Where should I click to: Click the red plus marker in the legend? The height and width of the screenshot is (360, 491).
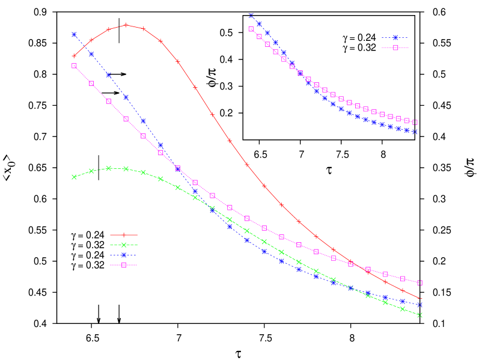(x=124, y=235)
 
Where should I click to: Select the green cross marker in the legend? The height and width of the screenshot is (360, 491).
(x=124, y=245)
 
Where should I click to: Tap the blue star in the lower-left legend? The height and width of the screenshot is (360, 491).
(x=124, y=255)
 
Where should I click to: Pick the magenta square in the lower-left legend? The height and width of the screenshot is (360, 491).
(x=124, y=264)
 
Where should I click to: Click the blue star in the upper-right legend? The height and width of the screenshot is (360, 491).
(x=395, y=38)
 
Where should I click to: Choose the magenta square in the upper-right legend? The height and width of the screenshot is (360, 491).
(x=395, y=47)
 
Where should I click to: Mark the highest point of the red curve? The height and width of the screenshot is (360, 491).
(x=126, y=25)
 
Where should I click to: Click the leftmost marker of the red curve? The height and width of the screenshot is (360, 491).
(x=74, y=56)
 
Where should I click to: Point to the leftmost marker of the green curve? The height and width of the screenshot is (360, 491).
(x=74, y=177)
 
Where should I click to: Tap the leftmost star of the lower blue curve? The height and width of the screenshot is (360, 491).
(x=74, y=34)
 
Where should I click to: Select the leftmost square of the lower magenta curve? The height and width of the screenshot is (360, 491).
(x=74, y=66)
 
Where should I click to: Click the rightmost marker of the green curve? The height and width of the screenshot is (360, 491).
(x=420, y=315)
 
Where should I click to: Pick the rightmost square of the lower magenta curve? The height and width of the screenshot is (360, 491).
(x=420, y=282)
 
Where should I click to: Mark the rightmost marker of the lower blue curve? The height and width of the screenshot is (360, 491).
(x=420, y=305)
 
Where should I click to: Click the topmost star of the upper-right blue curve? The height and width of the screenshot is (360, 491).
(x=251, y=16)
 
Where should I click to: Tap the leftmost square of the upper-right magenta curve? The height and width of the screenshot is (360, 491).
(x=251, y=29)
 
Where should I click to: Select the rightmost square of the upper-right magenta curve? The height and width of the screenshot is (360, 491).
(x=415, y=122)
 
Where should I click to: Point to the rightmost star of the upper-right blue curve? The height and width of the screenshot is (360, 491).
(x=415, y=132)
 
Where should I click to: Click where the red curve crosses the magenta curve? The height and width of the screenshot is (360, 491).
(x=359, y=266)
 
